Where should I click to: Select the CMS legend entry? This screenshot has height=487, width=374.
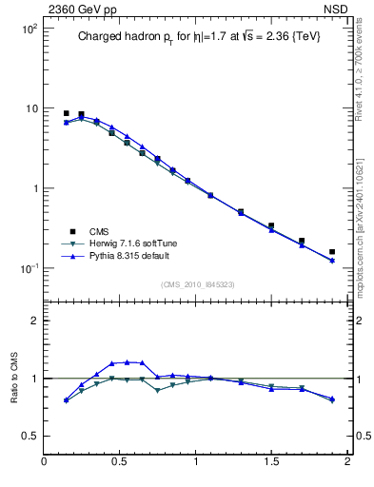point(101,231)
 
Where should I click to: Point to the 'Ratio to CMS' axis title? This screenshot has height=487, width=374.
point(14,378)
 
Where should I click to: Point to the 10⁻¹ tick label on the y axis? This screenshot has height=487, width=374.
point(30,268)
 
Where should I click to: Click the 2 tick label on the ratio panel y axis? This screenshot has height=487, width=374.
point(33,321)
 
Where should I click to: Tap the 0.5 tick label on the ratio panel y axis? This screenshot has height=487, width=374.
point(30,436)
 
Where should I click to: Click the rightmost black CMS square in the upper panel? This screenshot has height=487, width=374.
point(332,252)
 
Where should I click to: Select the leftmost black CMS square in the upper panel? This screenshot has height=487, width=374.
point(66,113)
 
